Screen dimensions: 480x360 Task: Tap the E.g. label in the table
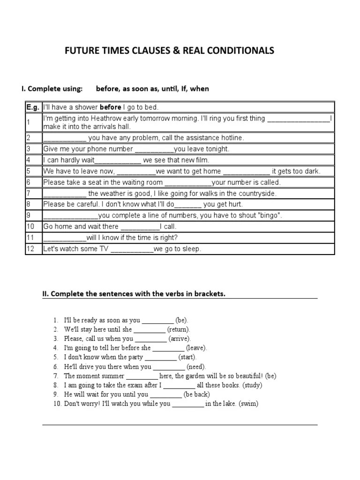pyautogui.click(x=33, y=107)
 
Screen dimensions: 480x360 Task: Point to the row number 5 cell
pyautogui.click(x=29, y=171)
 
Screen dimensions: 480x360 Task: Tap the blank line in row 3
pyautogui.click(x=154, y=149)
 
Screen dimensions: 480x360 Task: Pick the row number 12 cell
pyautogui.click(x=30, y=249)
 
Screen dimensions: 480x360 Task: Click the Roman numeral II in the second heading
pyautogui.click(x=45, y=294)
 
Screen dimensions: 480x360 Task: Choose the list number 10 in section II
pyautogui.click(x=57, y=403)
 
